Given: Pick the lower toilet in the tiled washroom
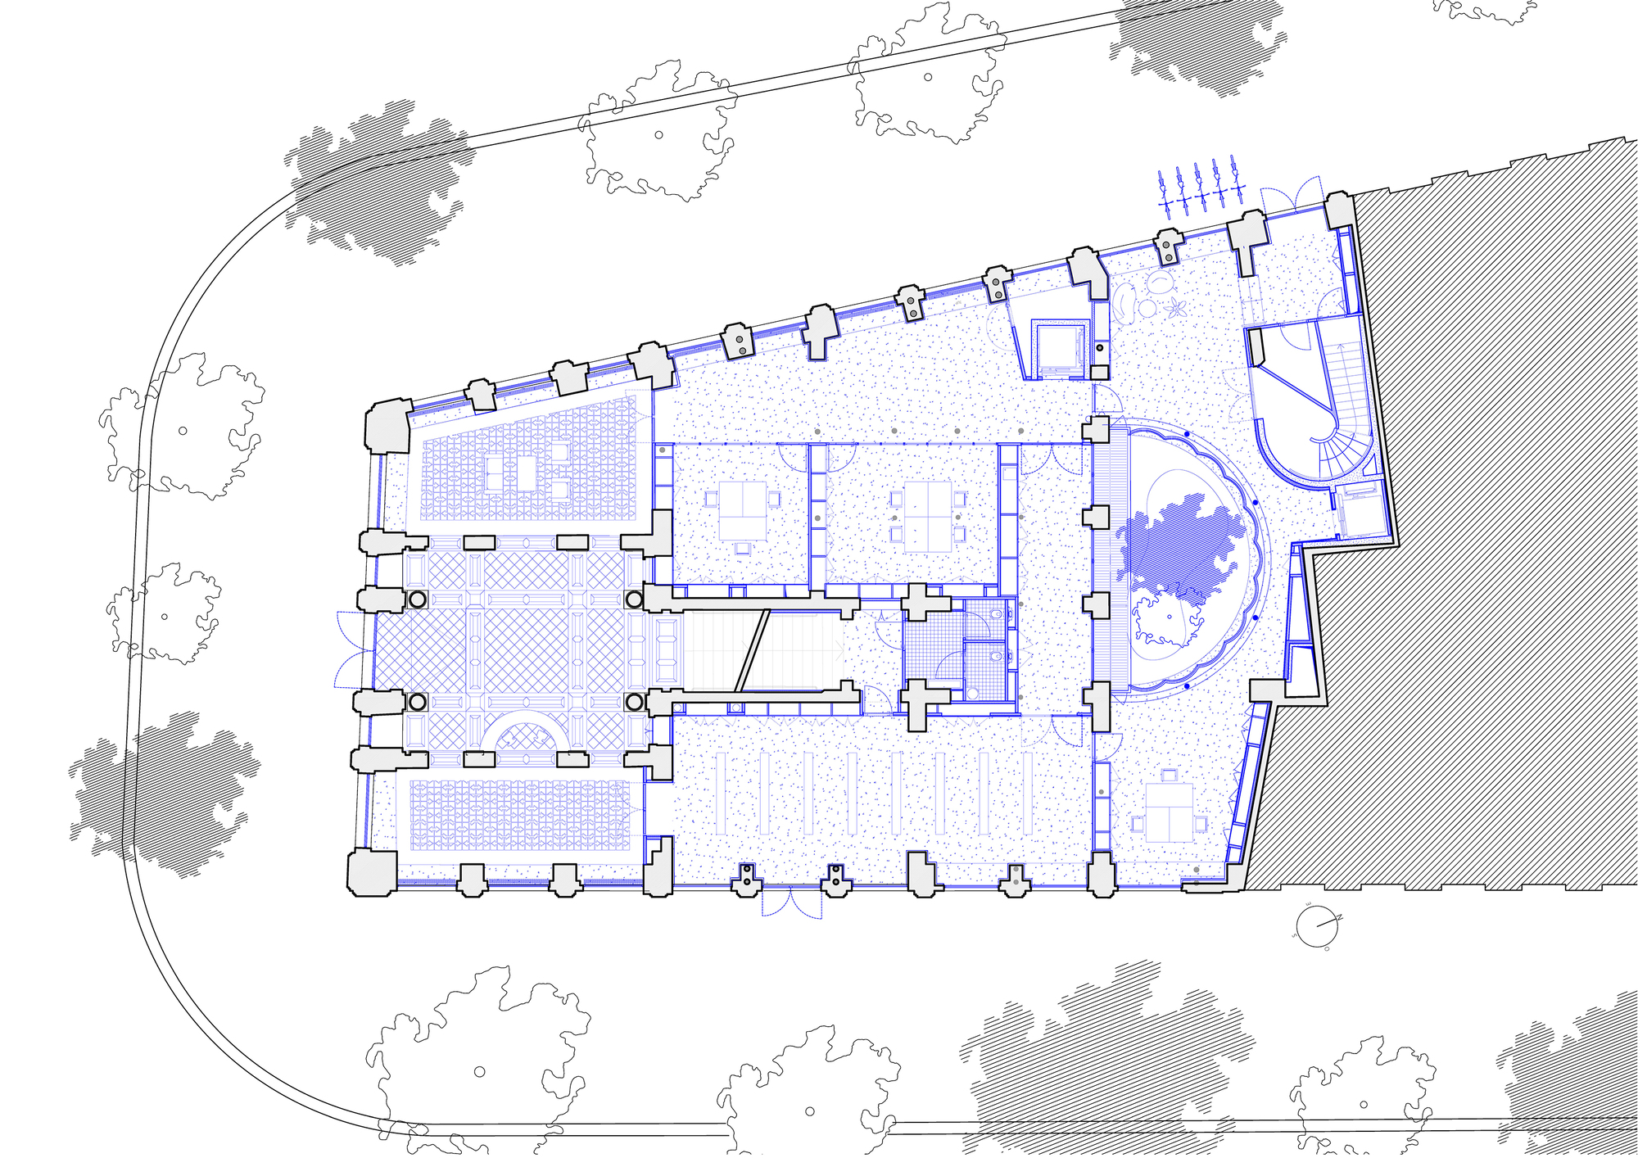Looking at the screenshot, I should pos(993,656).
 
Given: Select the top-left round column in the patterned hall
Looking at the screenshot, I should pos(417,599).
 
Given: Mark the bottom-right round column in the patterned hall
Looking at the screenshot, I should pos(635,702).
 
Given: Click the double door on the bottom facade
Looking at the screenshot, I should pos(791,901).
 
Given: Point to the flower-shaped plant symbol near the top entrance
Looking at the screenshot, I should pos(1178,308).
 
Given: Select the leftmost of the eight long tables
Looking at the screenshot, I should pos(721,793).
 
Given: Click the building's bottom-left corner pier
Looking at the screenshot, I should pos(373,872).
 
